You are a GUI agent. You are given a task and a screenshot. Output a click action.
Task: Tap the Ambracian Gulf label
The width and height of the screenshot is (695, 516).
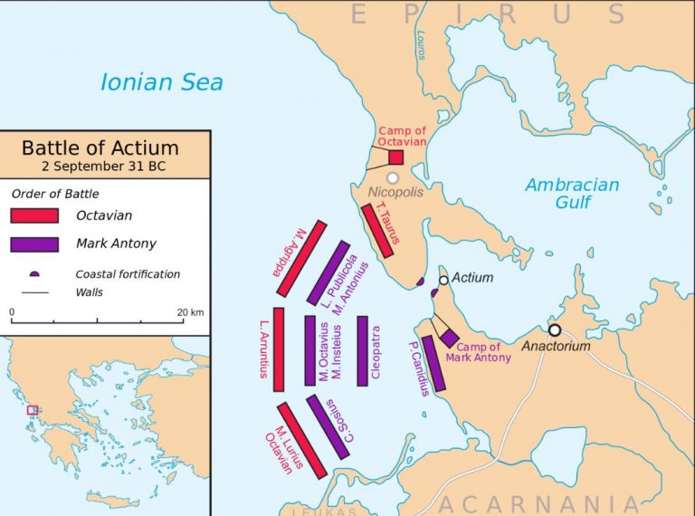572,194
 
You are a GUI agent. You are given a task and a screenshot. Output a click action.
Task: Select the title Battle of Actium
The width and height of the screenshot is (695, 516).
100,148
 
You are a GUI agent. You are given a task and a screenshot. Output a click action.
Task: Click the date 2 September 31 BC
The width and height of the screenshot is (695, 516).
100,167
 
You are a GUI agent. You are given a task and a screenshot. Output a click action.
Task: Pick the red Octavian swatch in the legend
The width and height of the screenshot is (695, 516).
34,215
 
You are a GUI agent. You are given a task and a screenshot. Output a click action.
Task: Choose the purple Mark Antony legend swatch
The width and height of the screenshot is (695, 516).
34,244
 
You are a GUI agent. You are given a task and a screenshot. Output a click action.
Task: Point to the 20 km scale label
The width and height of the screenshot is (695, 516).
191,312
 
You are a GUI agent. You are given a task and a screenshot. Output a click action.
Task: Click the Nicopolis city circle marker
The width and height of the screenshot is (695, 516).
393,178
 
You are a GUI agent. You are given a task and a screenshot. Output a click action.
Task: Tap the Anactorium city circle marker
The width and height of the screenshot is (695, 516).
555,330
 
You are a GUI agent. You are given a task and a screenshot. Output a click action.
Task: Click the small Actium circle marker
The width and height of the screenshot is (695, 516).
443,280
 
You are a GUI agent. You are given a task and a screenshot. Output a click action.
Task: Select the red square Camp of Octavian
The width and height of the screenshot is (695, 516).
395,158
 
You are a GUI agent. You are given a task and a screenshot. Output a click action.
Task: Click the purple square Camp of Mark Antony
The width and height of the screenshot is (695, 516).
450,338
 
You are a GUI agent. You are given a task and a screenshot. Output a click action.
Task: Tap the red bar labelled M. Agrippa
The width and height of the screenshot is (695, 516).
301,257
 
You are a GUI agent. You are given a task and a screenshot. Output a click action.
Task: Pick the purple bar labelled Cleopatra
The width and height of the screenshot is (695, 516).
362,350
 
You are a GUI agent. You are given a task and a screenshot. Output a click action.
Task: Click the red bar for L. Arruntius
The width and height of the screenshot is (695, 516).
279,349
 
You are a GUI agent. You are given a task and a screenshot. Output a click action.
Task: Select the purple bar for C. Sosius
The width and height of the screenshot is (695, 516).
328,426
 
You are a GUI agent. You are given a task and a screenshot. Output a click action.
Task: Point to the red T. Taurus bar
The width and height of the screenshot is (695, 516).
377,231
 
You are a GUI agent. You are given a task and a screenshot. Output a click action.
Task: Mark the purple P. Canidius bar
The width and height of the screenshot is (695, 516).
433,363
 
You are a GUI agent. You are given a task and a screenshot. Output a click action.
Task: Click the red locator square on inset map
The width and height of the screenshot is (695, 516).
33,410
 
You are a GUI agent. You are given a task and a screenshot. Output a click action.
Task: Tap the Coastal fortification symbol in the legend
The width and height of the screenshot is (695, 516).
34,273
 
